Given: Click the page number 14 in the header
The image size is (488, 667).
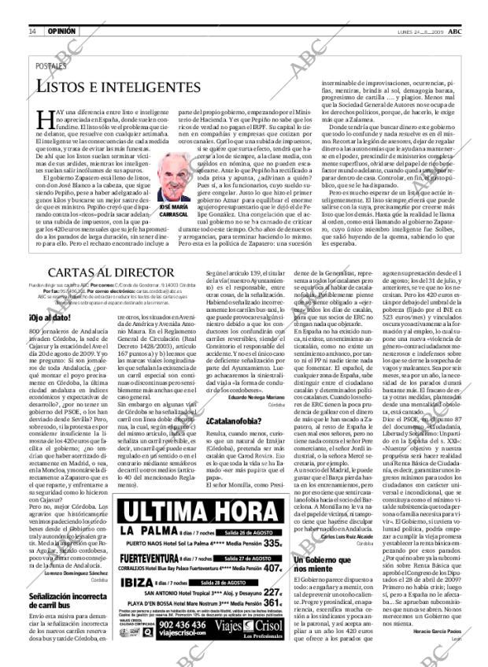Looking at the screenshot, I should [x=31, y=9].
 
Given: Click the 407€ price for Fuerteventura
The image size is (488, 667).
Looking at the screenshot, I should [x=272, y=545].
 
